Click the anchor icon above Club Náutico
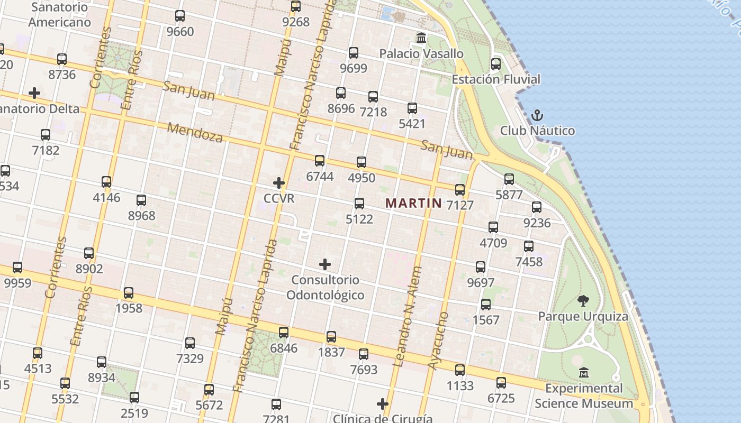tap(537, 115)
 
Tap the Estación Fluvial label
tap(496, 79)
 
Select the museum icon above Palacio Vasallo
tap(421, 38)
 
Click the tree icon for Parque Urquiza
tap(583, 301)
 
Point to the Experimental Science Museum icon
tap(583, 373)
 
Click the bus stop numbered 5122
tap(359, 204)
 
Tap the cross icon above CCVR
tap(278, 183)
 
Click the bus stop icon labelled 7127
tap(459, 189)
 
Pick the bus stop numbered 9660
tap(180, 16)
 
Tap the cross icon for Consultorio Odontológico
tap(325, 264)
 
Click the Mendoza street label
tap(195, 132)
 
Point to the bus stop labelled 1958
tap(129, 293)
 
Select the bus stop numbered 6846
tap(284, 333)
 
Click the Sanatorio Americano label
tap(59, 15)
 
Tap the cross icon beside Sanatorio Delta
tap(34, 93)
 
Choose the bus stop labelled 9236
tap(537, 207)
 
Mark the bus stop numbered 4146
tap(106, 182)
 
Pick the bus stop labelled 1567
tap(485, 305)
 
